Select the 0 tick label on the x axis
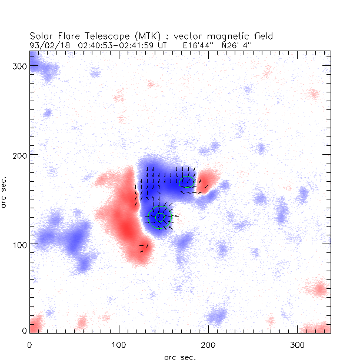(x=30, y=344)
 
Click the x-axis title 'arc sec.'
(x=180, y=357)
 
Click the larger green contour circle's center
(x=159, y=217)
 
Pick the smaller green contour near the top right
(x=187, y=182)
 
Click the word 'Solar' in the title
(x=41, y=35)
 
